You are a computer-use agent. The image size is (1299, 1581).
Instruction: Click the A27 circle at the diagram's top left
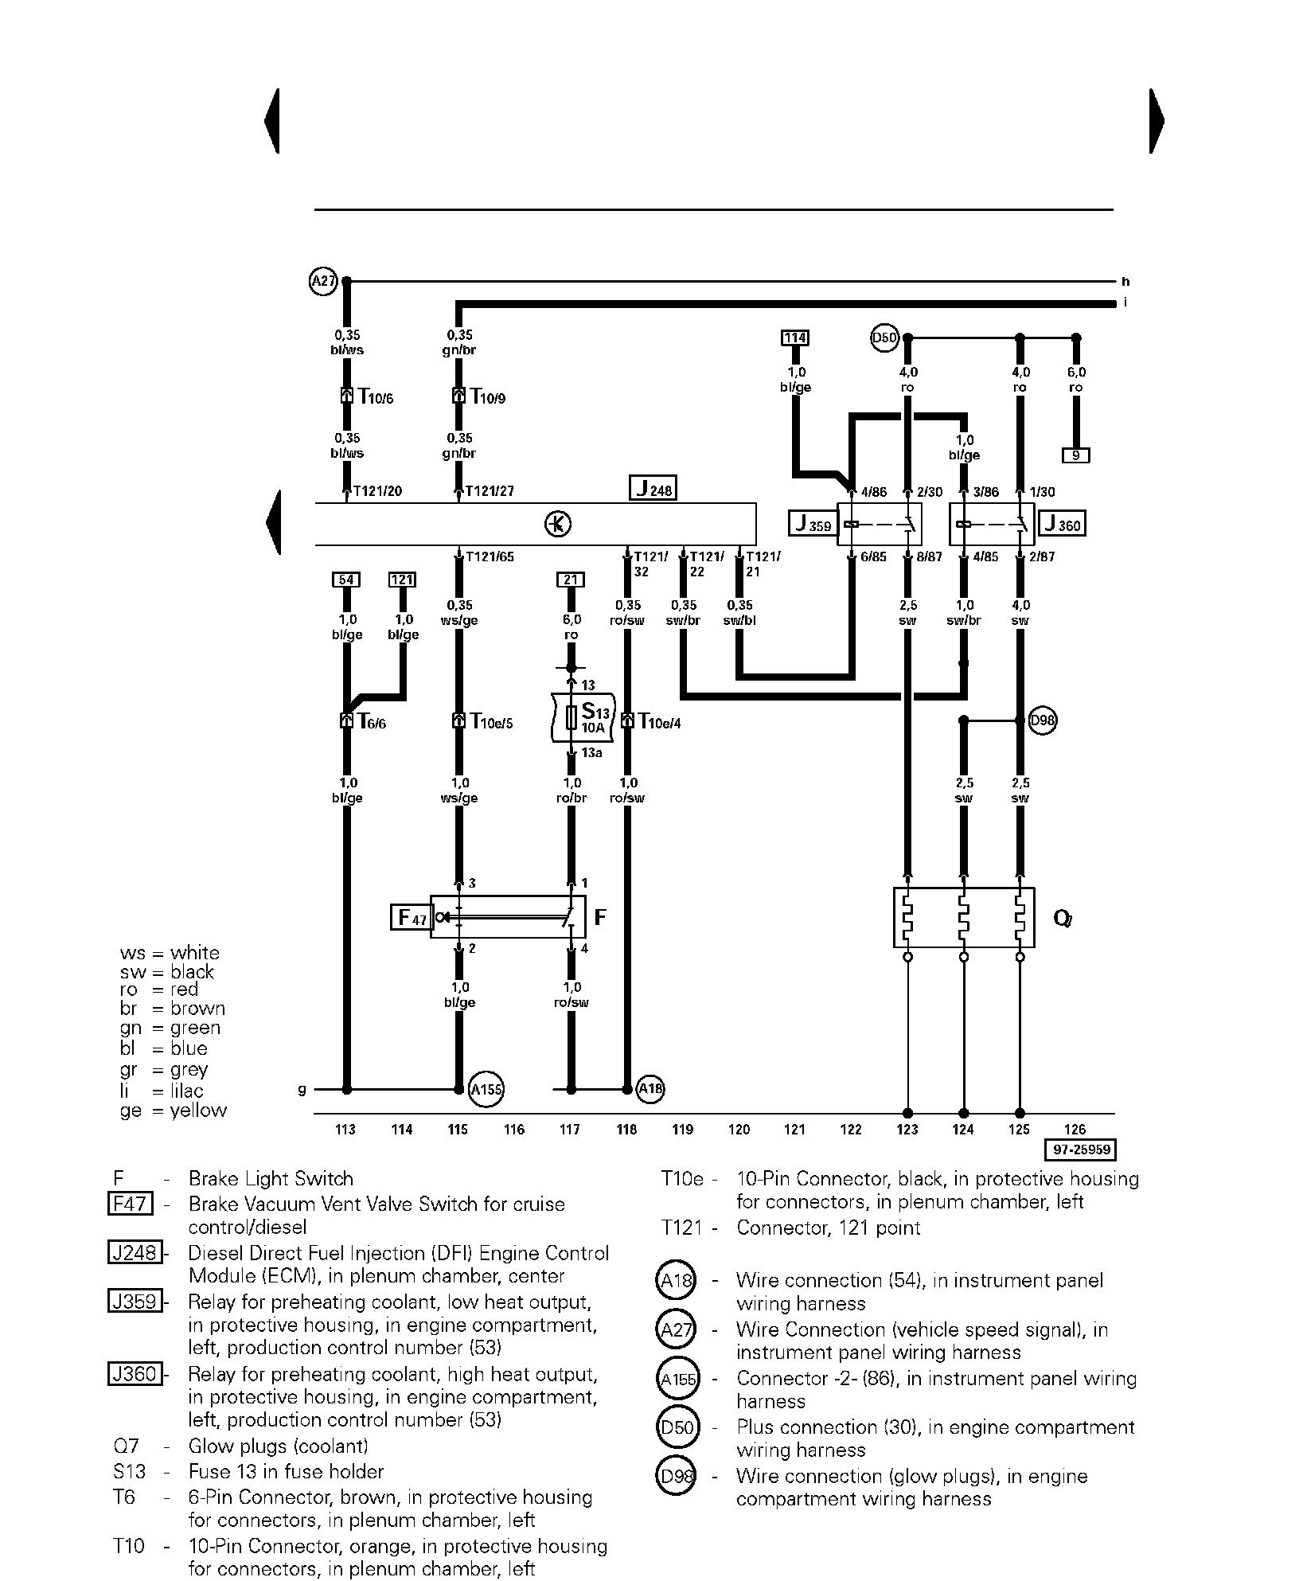(x=322, y=281)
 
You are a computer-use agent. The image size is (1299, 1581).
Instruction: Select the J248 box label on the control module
(x=653, y=488)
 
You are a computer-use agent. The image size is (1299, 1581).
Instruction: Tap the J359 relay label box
(x=812, y=525)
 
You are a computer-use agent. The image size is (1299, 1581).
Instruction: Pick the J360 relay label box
(x=1063, y=524)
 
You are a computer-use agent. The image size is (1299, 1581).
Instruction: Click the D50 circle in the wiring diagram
(x=884, y=338)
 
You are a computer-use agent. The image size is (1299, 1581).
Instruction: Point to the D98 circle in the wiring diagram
(x=1042, y=720)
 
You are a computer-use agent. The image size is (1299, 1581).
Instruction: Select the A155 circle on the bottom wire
(x=486, y=1089)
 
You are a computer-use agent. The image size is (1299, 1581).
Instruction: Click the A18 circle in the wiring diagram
(x=651, y=1088)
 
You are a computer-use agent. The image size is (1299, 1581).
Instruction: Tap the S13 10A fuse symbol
(x=571, y=717)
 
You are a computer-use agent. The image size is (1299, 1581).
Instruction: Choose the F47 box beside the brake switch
(x=411, y=918)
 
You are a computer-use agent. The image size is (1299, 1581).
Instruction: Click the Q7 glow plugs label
(x=1063, y=919)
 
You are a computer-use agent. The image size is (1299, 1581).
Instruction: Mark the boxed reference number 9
(x=1075, y=456)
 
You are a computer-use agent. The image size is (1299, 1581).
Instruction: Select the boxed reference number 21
(x=571, y=580)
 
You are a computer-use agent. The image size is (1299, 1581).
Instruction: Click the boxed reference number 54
(x=346, y=580)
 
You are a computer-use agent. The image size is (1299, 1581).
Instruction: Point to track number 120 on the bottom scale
(x=739, y=1129)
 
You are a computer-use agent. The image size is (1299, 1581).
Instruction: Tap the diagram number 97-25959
(x=1080, y=1150)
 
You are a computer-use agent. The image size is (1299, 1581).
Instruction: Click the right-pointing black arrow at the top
(x=1157, y=121)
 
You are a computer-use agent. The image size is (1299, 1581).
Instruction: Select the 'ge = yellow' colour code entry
(x=174, y=1111)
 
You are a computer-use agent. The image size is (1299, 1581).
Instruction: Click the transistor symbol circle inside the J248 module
(x=558, y=524)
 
